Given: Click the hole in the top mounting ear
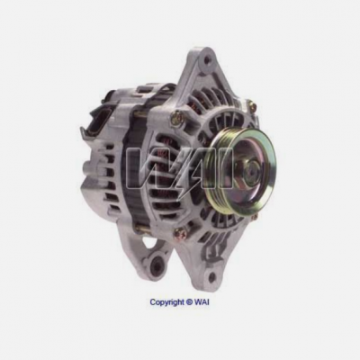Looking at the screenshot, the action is [206, 59].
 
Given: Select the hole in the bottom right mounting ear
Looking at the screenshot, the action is [211, 276].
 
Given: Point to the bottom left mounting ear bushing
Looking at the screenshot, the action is [157, 265].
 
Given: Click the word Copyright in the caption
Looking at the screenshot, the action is [167, 301].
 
